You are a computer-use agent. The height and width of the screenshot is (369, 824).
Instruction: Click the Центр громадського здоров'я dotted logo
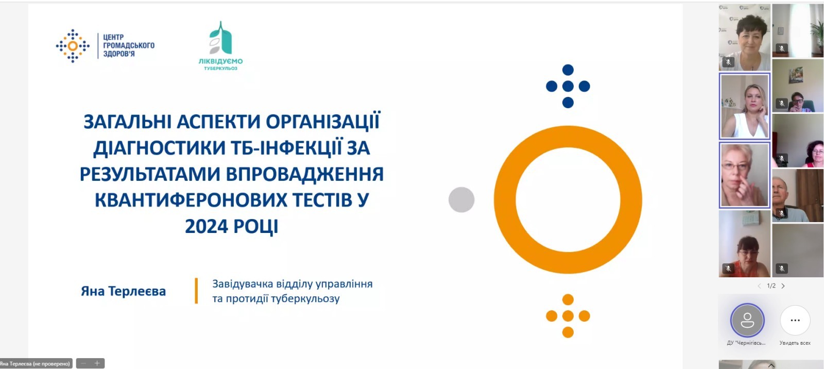point(73,46)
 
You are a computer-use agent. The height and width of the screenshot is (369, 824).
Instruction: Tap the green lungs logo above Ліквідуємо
point(221,38)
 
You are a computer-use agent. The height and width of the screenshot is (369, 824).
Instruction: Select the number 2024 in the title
point(207,226)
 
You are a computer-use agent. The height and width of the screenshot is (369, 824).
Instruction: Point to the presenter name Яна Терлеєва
point(123,291)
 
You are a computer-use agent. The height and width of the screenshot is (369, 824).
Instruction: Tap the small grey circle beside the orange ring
point(461,199)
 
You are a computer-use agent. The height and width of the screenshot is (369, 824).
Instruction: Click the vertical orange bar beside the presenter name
point(196,291)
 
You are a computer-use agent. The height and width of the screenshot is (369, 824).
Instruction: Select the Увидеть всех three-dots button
point(795,320)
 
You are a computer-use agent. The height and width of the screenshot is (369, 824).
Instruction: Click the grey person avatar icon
point(747,320)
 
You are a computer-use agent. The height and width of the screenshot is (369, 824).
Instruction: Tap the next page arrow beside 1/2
point(783,286)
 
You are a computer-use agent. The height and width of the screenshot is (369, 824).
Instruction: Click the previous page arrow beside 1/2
point(759,286)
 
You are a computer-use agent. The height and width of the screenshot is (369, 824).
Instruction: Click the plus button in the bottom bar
point(97,363)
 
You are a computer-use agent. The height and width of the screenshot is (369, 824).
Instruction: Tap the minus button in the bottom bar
point(83,363)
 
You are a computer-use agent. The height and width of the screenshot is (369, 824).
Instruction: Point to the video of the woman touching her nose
point(745,175)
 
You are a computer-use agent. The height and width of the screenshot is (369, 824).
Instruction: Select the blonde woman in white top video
point(745,106)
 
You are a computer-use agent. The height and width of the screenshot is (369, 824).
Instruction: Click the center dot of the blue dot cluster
point(568,86)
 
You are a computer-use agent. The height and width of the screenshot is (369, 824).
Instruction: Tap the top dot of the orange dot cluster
point(568,299)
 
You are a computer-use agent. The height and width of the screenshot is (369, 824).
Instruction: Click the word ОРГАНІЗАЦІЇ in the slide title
point(322,122)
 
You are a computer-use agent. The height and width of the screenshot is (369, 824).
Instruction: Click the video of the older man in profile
point(798,195)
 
